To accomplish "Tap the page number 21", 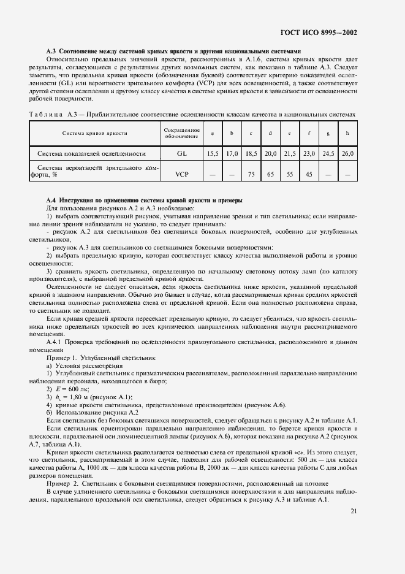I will point(354,510).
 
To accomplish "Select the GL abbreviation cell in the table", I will point(182,153).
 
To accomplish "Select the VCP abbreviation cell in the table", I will point(182,174).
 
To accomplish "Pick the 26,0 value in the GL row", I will point(347,153).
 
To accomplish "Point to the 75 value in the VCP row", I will point(251,174).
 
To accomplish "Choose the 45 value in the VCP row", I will point(309,174).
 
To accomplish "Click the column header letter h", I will point(347,133).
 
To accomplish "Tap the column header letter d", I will point(270,133).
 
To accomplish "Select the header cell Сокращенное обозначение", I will point(182,133).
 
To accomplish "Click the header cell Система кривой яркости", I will point(95,133).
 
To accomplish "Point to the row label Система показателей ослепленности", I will point(91,153).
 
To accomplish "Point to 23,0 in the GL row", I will point(309,153).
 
